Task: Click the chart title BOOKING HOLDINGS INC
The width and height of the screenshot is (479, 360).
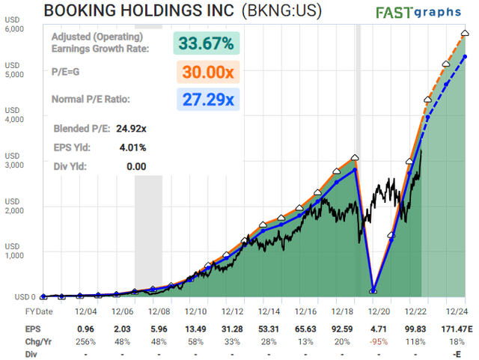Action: point(150,11)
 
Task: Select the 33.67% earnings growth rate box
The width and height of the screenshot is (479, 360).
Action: point(206,43)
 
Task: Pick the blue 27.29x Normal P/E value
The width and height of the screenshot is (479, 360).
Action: point(206,99)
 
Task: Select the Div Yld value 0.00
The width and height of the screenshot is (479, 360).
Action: point(135,166)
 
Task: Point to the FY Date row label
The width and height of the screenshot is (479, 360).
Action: point(40,311)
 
